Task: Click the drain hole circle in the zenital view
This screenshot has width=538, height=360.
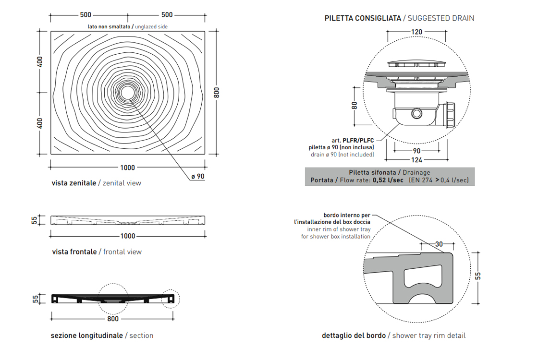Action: click(x=128, y=92)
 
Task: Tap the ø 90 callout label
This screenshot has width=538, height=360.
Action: click(x=197, y=177)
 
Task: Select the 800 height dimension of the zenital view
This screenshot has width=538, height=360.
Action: click(x=217, y=92)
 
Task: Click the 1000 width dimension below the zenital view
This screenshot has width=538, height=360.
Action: click(x=128, y=168)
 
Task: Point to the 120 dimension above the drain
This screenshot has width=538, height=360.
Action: click(x=416, y=32)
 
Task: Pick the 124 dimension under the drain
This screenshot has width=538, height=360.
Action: click(x=416, y=160)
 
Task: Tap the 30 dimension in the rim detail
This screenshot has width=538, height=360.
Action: click(x=439, y=244)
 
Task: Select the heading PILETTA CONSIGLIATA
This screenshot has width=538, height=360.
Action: click(x=363, y=18)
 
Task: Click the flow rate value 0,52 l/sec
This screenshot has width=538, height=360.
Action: click(x=388, y=180)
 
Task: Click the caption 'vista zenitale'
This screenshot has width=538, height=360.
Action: click(x=74, y=183)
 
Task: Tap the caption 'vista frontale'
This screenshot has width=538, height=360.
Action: click(x=74, y=252)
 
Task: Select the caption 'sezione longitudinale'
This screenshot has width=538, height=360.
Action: click(x=87, y=336)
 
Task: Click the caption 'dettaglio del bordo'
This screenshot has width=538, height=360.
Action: click(x=354, y=336)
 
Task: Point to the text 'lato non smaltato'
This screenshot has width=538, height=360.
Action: click(x=109, y=27)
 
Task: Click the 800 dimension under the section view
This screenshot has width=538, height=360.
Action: click(x=113, y=319)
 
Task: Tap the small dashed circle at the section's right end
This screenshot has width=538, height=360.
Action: click(x=170, y=299)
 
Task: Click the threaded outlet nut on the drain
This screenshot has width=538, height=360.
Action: click(x=451, y=114)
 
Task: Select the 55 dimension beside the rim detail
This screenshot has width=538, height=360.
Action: click(x=478, y=276)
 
